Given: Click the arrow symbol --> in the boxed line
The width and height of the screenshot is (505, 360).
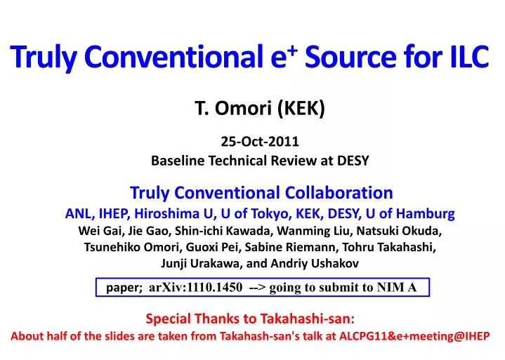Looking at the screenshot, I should [x=256, y=287].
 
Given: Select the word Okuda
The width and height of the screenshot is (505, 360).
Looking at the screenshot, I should [x=424, y=230].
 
